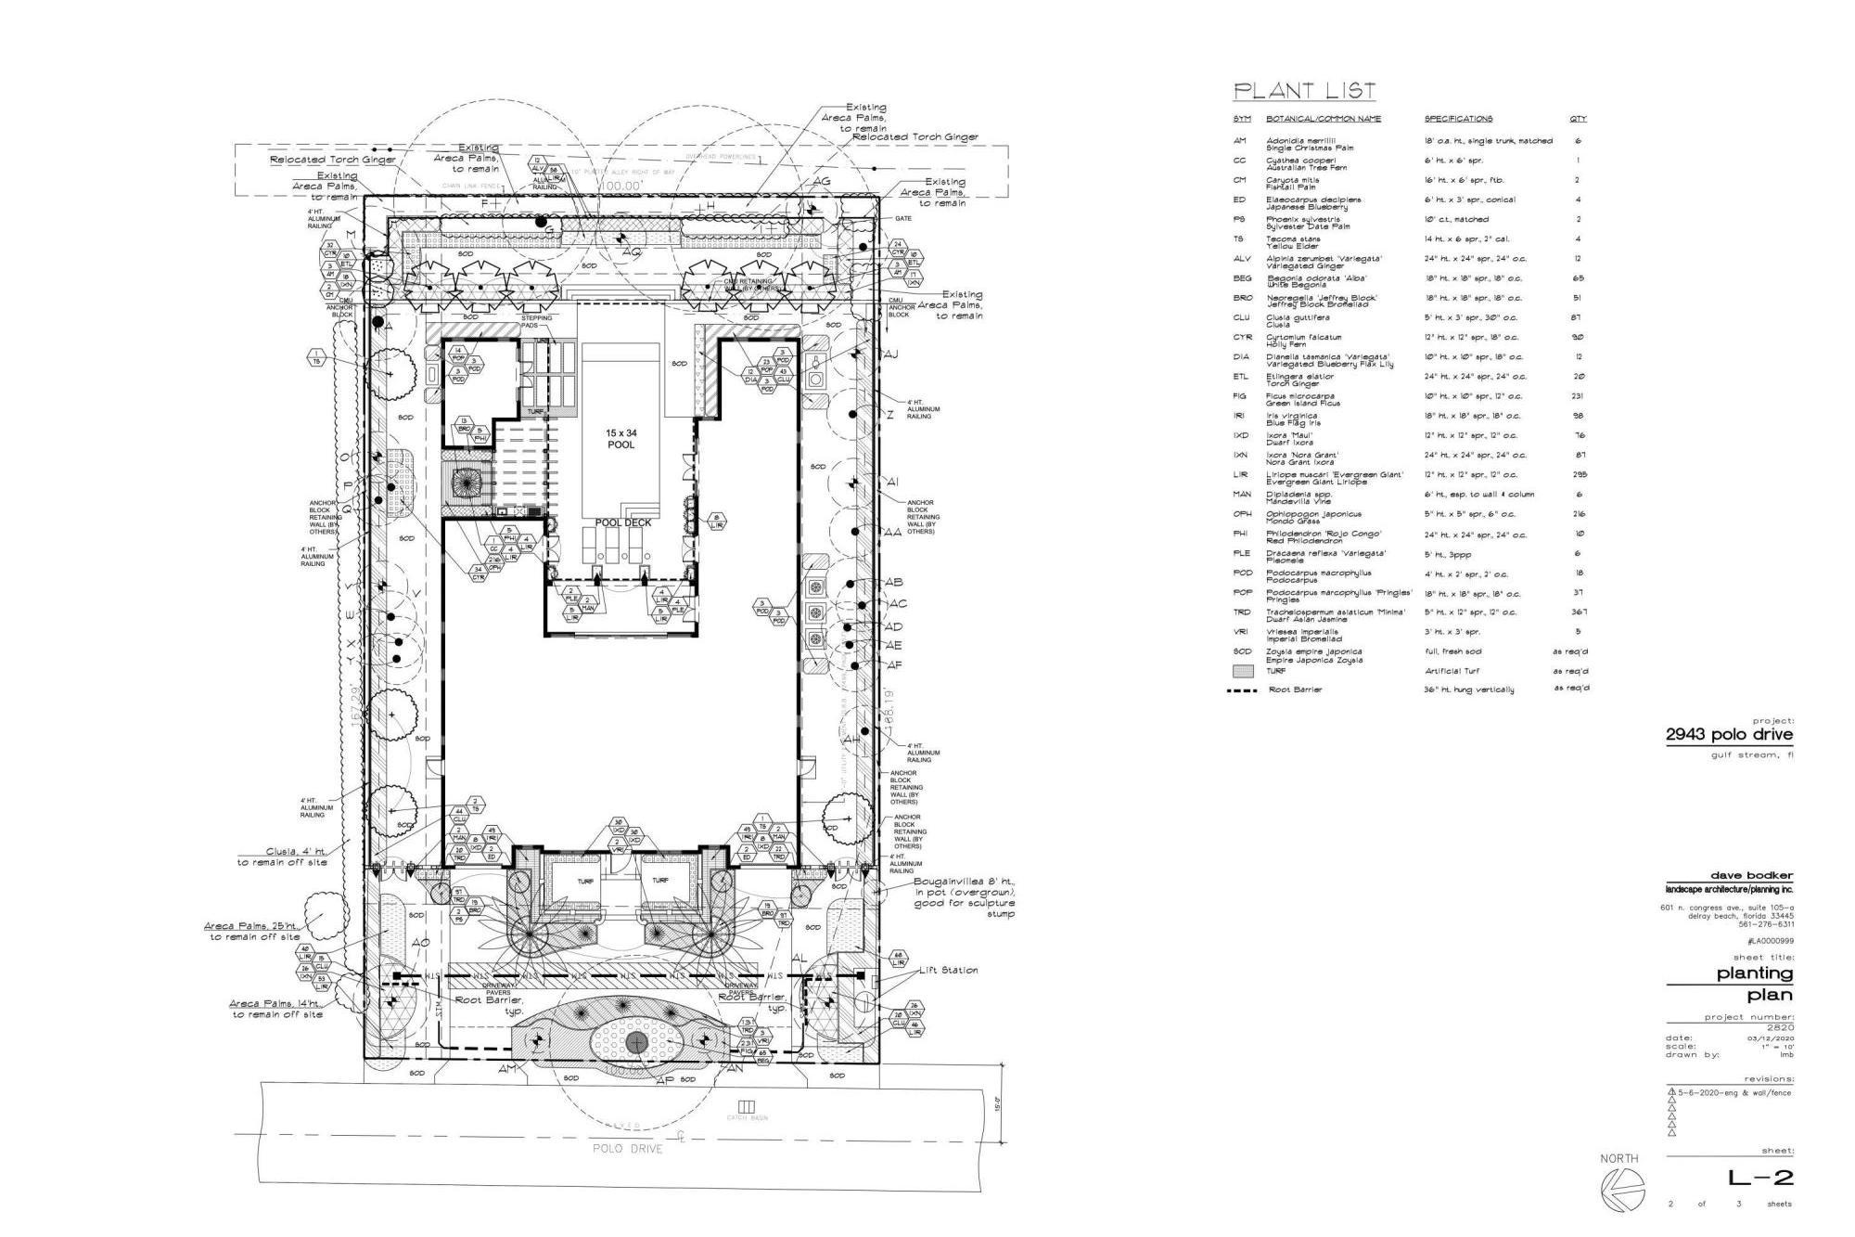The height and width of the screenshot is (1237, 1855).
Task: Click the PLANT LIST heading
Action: tap(1303, 91)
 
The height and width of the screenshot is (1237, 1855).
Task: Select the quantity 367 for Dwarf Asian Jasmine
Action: tap(1579, 612)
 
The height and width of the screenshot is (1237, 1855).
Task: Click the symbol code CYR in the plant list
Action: tap(1242, 338)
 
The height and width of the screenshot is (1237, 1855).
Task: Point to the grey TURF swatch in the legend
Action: tap(1243, 671)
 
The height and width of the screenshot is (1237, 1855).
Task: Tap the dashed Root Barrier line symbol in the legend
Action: tap(1241, 690)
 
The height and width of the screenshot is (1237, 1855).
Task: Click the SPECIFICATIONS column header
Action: tap(1458, 119)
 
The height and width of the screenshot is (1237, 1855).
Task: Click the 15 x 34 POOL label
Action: tap(621, 439)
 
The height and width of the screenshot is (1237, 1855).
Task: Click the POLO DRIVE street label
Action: tap(628, 1149)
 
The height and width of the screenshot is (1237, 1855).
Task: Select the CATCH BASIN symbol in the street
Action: tap(748, 1107)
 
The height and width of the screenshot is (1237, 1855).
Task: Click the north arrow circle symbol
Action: tap(1621, 1191)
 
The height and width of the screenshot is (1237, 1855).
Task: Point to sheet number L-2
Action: tap(1759, 1179)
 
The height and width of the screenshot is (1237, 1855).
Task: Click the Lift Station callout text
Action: tap(948, 971)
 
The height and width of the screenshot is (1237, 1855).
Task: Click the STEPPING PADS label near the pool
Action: tap(536, 322)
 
